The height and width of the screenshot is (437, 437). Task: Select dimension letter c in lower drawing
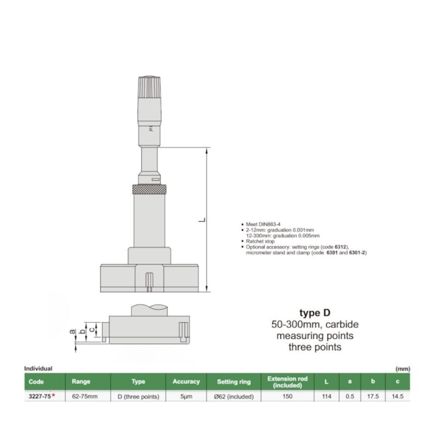91,330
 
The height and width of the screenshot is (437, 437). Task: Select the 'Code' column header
34,381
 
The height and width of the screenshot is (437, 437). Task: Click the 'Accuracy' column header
186,381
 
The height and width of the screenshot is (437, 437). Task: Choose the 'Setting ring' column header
233,381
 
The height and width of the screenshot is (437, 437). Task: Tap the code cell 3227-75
39,397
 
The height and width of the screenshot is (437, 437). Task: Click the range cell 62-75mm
85,397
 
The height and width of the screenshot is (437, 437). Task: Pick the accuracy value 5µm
186,397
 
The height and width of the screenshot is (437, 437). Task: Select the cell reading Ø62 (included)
233,397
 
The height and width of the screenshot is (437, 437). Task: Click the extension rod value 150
287,397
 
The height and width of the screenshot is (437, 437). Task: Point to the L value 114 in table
326,397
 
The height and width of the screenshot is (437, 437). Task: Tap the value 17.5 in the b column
372,397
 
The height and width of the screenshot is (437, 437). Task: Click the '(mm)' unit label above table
402,368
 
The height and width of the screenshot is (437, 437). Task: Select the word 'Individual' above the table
38,368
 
